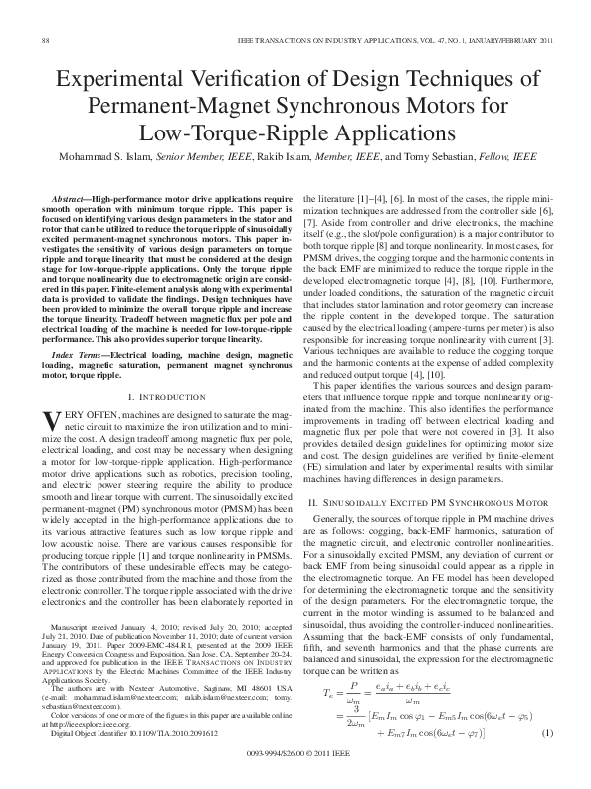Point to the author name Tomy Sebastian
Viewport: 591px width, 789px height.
446,156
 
